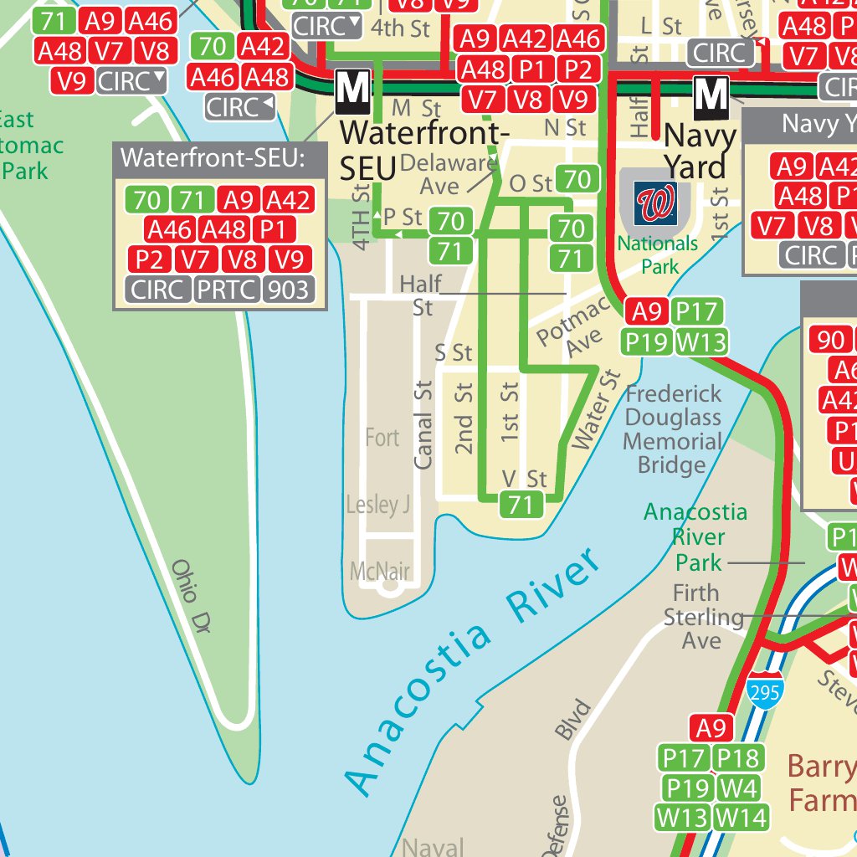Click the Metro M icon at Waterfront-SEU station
point(352,92)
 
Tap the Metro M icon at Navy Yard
point(711,98)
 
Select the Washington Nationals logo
point(655,203)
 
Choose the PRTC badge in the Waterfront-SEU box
point(226,290)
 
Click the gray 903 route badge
point(287,290)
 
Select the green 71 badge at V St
point(521,504)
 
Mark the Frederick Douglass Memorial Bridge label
point(673,429)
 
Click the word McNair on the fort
point(380,572)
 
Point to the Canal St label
point(424,424)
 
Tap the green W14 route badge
point(741,817)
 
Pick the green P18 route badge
point(738,758)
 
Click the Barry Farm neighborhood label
point(821,783)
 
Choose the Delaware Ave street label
point(448,172)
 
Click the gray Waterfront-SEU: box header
point(219,157)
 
